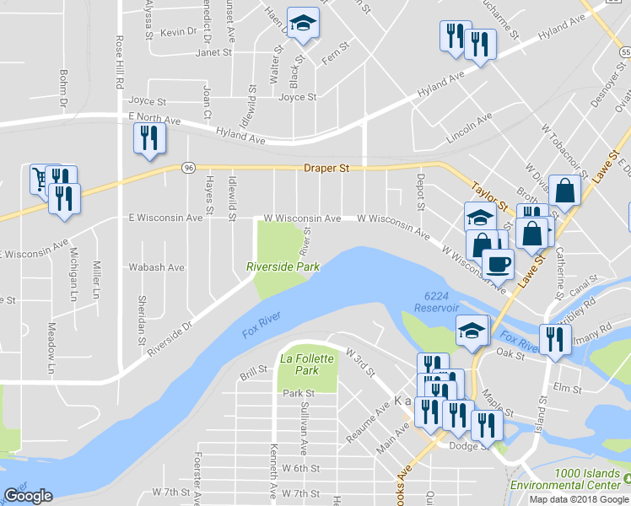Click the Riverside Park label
(283, 266)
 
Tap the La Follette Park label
(307, 364)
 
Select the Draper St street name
(326, 169)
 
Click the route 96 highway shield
(188, 169)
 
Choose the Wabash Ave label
(156, 267)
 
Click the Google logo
(28, 496)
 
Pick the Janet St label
(213, 52)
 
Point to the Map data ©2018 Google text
(578, 499)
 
